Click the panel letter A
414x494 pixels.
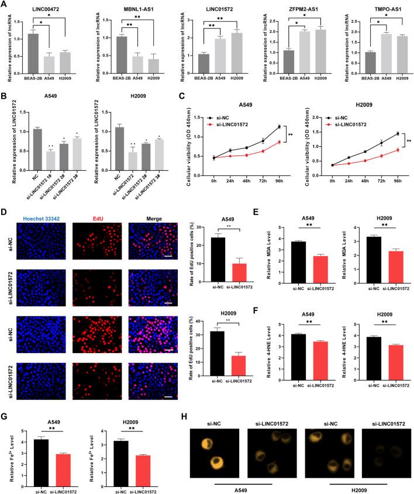pyautogui.click(x=5, y=5)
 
